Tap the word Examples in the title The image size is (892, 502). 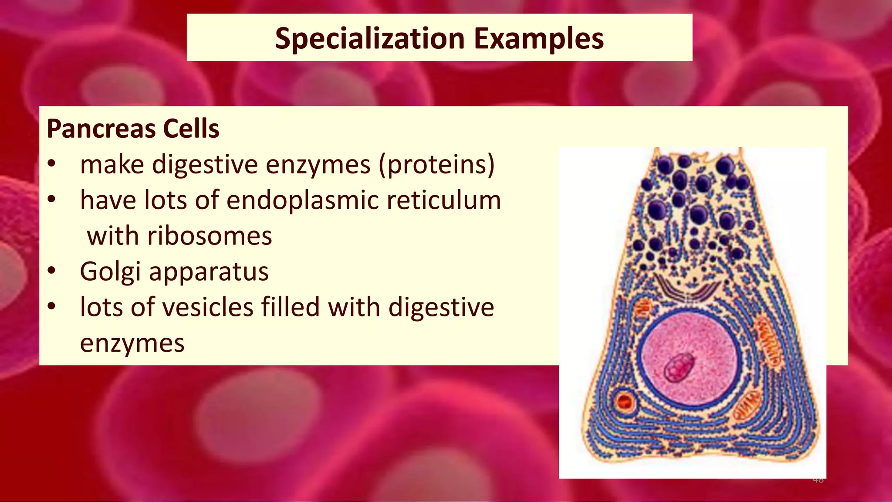[x=539, y=38]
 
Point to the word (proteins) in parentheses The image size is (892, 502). [x=436, y=165]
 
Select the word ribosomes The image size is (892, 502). [x=209, y=236]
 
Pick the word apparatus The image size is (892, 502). [x=209, y=272]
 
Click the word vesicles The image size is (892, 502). [x=202, y=307]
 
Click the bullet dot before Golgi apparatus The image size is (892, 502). [x=52, y=271]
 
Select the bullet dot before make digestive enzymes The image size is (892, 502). [x=52, y=164]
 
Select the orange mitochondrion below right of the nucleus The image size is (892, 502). [x=747, y=405]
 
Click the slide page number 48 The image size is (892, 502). [x=818, y=480]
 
